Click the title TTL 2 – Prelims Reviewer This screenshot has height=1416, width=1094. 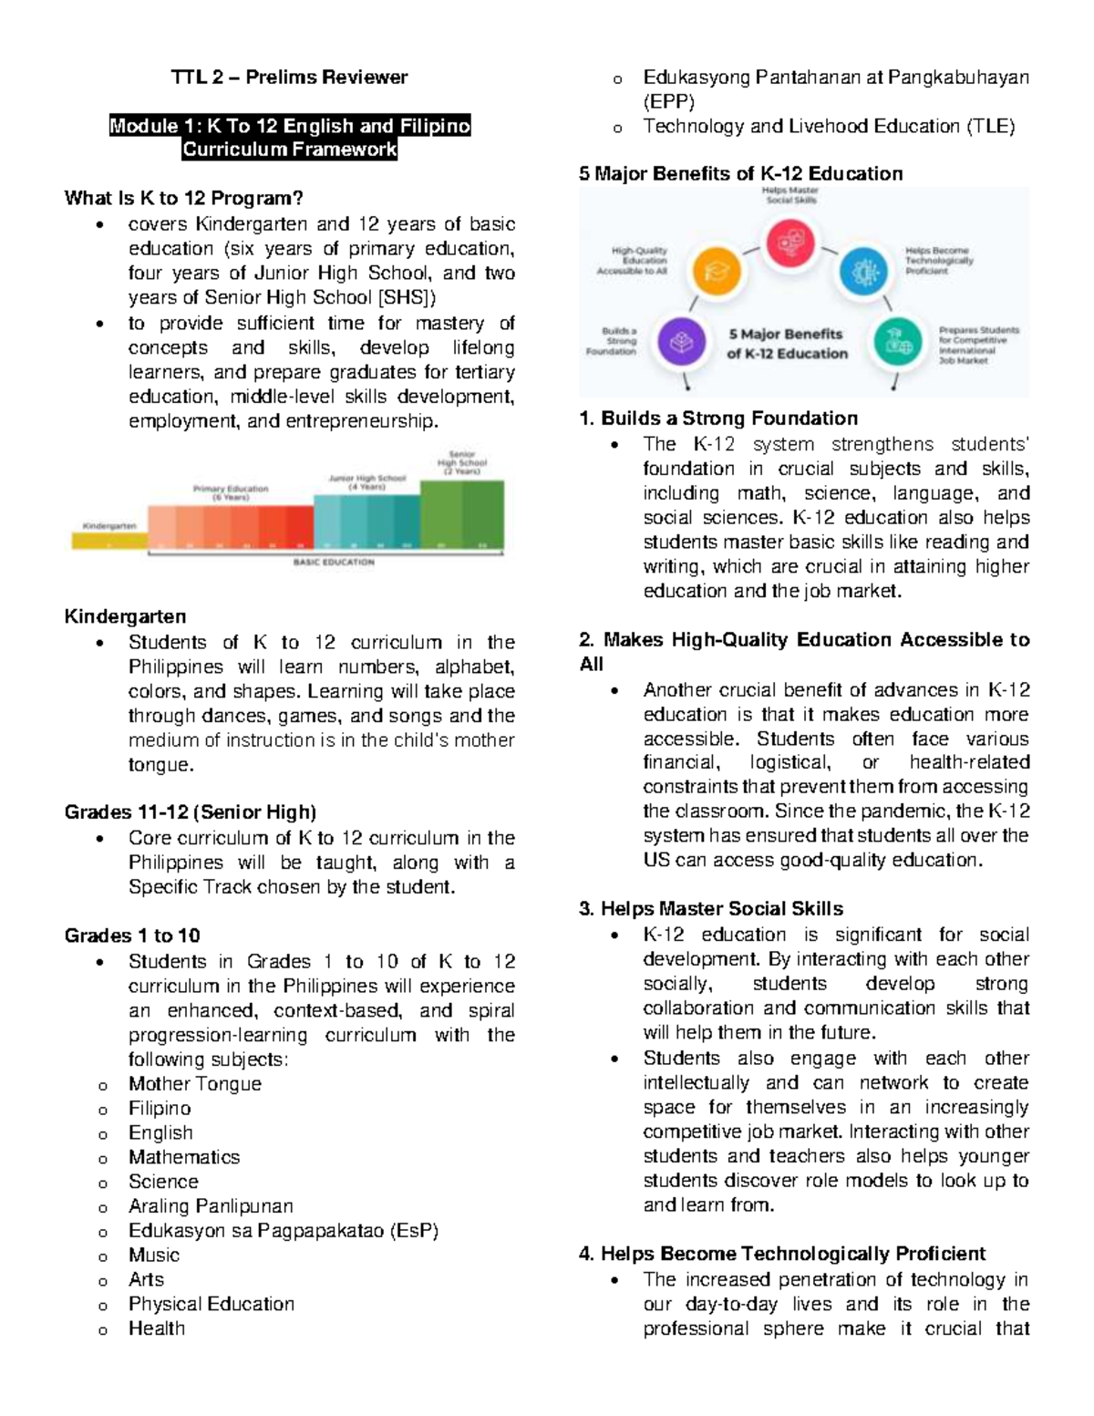pyautogui.click(x=289, y=78)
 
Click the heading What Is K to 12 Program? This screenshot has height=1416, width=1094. pyautogui.click(x=183, y=198)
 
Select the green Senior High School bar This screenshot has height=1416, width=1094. pyautogui.click(x=461, y=515)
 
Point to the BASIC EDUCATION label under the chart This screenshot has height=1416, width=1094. pyautogui.click(x=334, y=563)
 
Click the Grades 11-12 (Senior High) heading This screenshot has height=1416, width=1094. pyautogui.click(x=191, y=812)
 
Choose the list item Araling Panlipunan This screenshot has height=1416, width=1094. pyautogui.click(x=211, y=1206)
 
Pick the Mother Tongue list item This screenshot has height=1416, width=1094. pyautogui.click(x=195, y=1084)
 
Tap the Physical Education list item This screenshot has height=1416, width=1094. pyautogui.click(x=212, y=1304)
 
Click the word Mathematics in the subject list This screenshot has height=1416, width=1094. pyautogui.click(x=184, y=1157)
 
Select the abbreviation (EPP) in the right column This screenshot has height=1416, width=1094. pyautogui.click(x=669, y=102)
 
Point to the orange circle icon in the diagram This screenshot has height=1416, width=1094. pyautogui.click(x=717, y=272)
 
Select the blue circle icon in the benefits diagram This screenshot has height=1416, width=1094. pyautogui.click(x=863, y=272)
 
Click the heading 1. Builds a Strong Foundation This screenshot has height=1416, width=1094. pyautogui.click(x=718, y=419)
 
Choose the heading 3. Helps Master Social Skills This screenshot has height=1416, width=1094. pyautogui.click(x=711, y=909)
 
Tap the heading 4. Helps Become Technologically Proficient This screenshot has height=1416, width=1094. pyautogui.click(x=782, y=1254)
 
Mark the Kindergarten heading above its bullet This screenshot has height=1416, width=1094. pyautogui.click(x=125, y=616)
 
